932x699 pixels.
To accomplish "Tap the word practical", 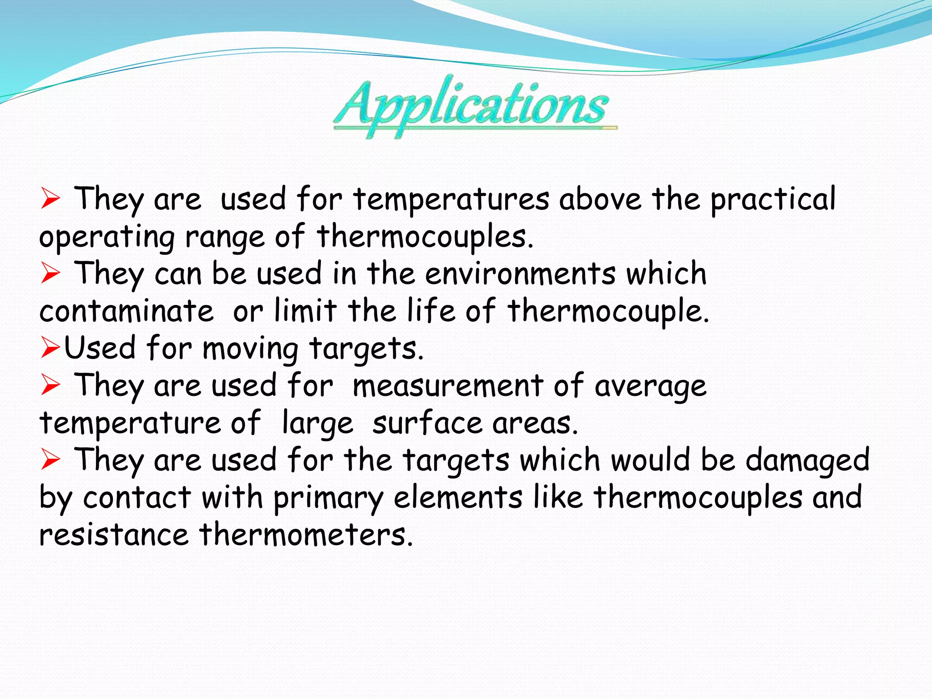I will point(773,199).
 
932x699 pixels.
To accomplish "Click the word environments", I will point(520,274).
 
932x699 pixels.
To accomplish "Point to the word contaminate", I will point(126,312).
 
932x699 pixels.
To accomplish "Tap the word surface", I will point(427,423).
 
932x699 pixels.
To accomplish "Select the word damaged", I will point(807,461).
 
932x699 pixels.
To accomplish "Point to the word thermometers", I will point(306,535).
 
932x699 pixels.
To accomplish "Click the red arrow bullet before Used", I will point(50,348).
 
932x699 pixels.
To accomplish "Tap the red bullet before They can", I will point(50,274).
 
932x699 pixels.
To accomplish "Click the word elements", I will point(458,498).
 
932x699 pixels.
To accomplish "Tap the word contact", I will point(137,498).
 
